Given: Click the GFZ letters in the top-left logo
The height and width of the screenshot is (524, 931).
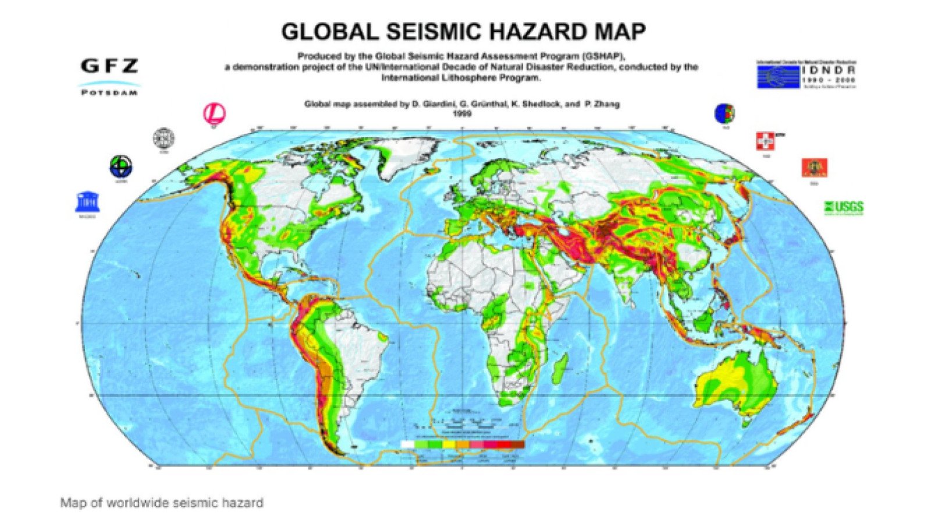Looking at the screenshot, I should coord(109,66).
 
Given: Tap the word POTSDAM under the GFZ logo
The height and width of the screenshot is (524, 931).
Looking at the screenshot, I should coord(109,93).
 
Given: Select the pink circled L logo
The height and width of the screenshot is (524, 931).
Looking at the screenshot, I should coord(214,113).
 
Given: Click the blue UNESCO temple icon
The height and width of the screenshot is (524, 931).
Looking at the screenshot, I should coord(87,202).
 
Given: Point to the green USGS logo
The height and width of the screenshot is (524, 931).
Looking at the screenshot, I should coord(844,207).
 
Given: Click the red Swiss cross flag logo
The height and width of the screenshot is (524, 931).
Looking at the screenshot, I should coord(765,141).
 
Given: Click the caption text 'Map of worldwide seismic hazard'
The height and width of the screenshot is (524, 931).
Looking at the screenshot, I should coord(162,502).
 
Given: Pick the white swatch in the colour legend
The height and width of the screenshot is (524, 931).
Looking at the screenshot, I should coord(408,445).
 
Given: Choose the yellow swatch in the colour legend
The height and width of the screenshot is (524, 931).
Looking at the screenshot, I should coord(449,445).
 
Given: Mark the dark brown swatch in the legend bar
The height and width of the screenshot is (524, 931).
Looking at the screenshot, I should coord(517,445).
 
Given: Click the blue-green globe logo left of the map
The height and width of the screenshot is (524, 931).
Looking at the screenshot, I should coord(120,167).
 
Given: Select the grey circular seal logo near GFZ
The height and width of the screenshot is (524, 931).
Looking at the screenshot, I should coord(164,139).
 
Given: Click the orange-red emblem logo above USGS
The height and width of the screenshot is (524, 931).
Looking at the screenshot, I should coord(814,168).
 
